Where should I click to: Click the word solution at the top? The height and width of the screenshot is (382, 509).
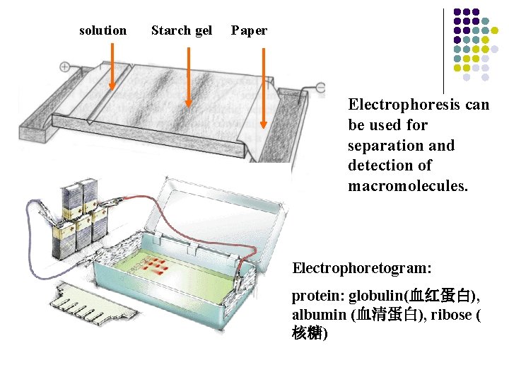[x=103, y=30]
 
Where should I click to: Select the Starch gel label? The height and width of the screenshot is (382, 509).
[x=182, y=30]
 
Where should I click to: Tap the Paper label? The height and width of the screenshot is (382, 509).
[x=249, y=30]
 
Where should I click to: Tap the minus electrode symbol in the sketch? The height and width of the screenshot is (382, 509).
[x=320, y=87]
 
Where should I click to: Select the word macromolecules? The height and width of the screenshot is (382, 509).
[x=407, y=186]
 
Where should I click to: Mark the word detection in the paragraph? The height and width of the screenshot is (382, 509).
[x=378, y=166]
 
